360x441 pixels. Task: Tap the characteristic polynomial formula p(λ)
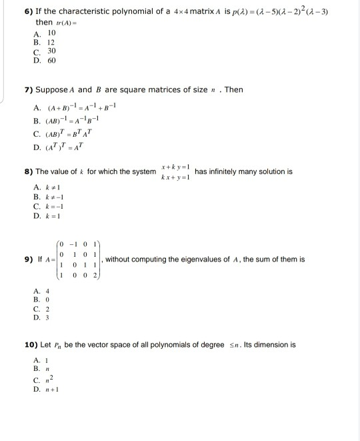pos(274,13)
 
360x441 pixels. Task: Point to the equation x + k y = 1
pos(175,166)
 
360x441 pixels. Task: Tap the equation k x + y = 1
pos(175,177)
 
